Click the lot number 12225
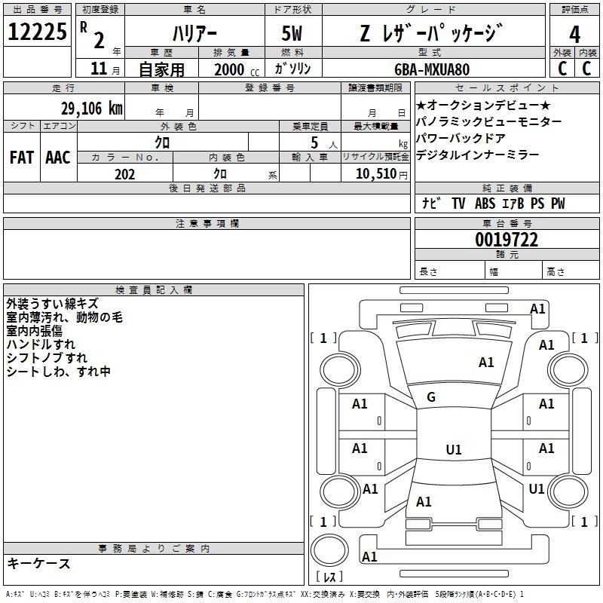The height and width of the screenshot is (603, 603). coord(37,32)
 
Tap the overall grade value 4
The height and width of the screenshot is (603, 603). coord(574,34)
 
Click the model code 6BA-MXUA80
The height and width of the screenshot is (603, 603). coord(431,69)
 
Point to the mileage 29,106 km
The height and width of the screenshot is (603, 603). coord(90,109)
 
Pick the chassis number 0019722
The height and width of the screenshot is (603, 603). coord(507,240)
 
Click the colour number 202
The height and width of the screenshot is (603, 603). coord(124,174)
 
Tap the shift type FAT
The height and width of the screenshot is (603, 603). coord(22,158)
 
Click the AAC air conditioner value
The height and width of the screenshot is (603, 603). coord(58,158)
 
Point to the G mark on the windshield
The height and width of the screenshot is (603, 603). coord(431,397)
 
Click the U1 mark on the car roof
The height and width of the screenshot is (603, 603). coord(453,450)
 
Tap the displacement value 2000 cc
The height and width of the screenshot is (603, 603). coord(234,69)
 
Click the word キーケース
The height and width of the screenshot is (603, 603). coord(39,563)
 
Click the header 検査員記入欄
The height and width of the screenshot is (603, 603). coord(154,289)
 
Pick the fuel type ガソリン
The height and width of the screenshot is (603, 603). coord(294,69)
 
